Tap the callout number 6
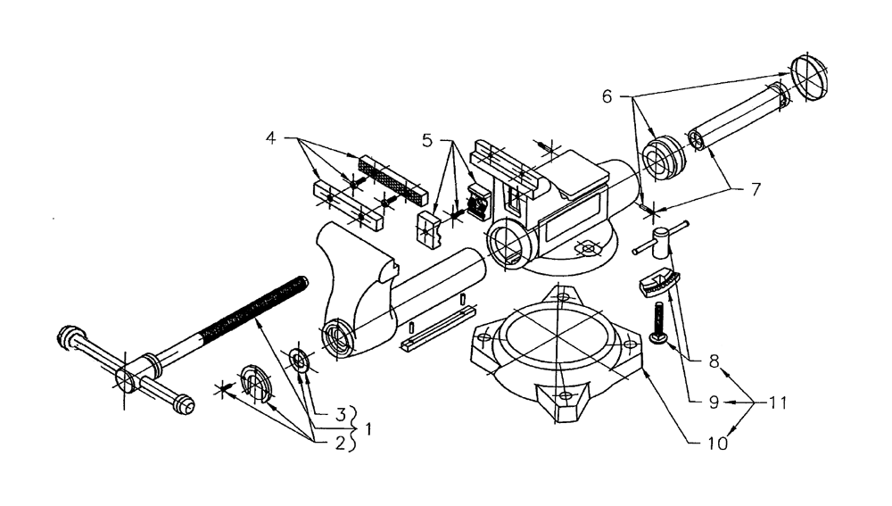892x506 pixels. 607,95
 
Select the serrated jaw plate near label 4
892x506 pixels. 393,178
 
